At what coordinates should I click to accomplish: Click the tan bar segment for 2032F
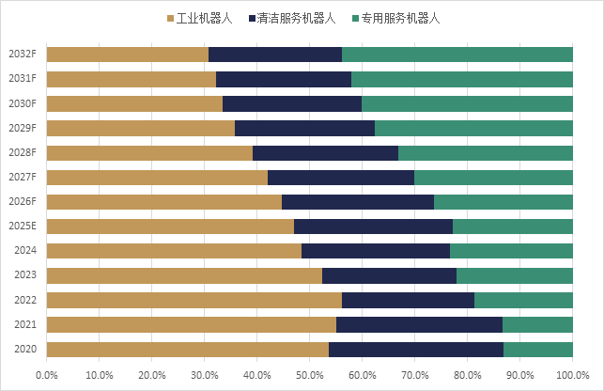point(128,55)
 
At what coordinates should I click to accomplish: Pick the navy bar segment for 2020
point(416,350)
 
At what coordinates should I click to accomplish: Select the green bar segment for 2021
point(537,325)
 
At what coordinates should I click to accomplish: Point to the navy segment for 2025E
point(373,227)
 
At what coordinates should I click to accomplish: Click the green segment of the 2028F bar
point(486,153)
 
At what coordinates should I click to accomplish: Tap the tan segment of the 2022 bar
point(194,300)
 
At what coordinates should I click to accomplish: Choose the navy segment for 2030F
point(292,103)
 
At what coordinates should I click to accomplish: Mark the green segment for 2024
point(511,251)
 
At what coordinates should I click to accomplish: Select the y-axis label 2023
point(24,275)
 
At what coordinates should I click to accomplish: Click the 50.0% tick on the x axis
point(310,374)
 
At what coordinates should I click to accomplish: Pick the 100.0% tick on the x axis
point(571,374)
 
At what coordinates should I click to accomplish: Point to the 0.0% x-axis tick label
point(47,374)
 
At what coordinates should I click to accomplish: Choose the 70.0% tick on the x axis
point(415,374)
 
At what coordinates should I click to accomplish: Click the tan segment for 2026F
point(164,202)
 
